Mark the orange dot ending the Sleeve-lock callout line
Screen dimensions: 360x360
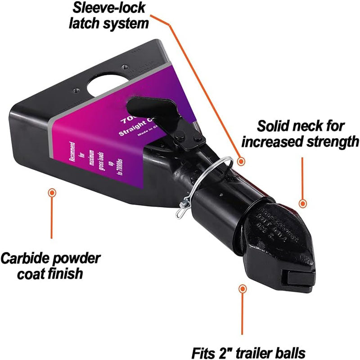[242, 161]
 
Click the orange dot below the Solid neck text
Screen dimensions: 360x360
[303, 203]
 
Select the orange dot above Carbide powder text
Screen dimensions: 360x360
[52, 193]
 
